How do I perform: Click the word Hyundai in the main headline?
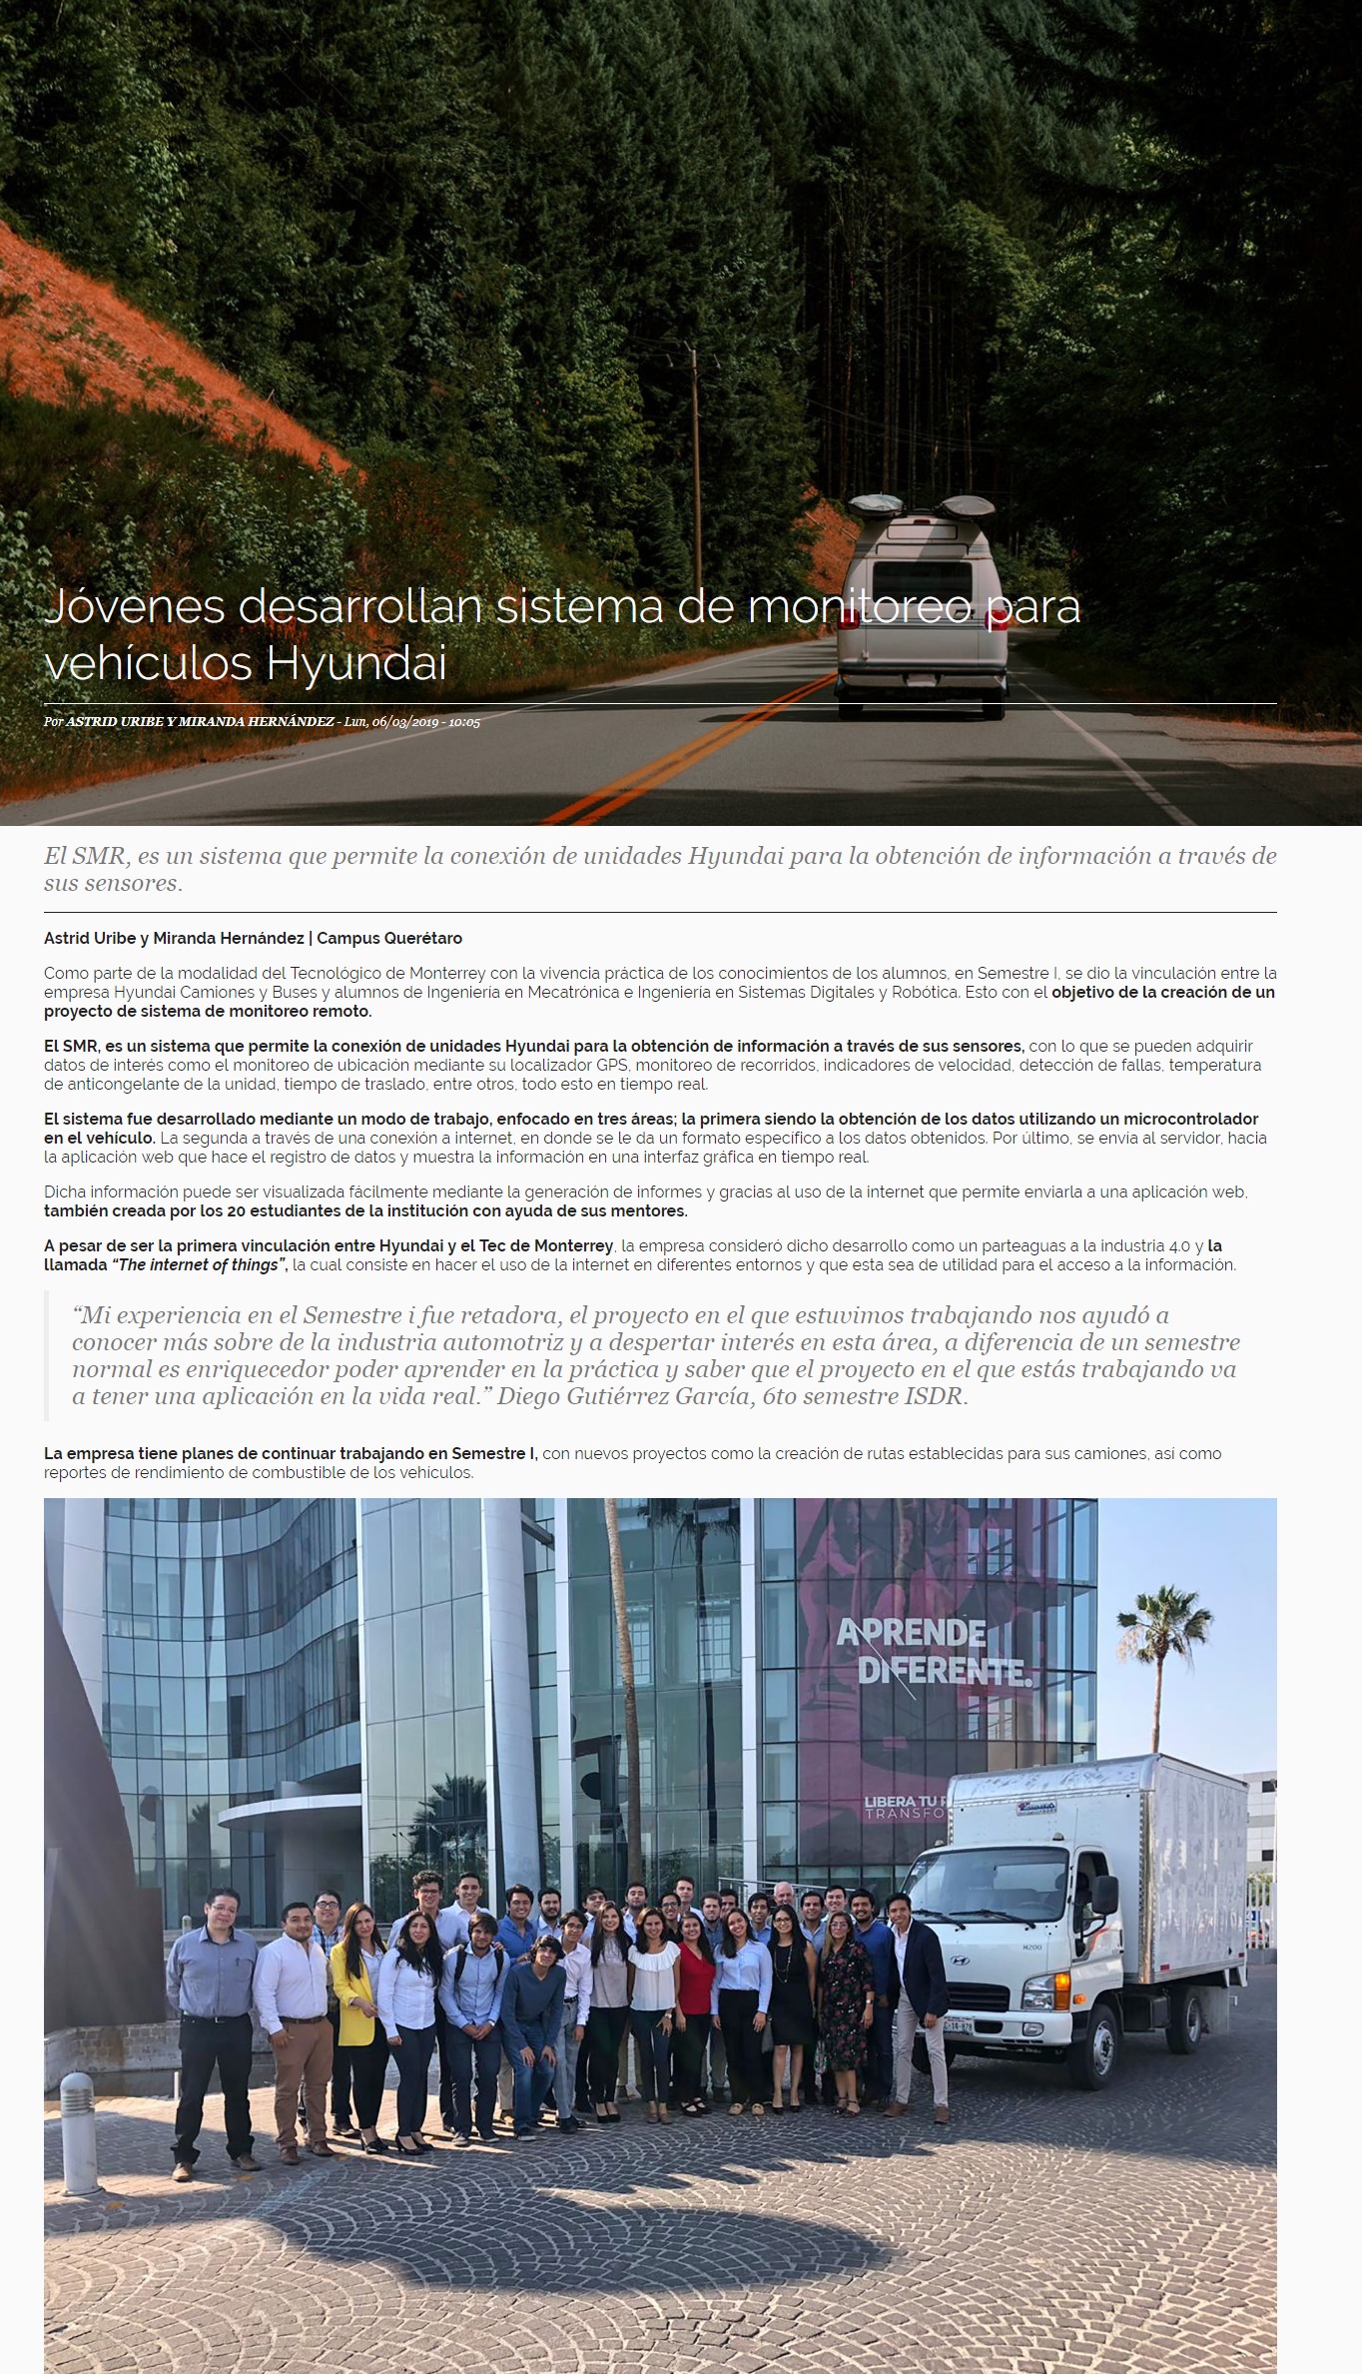tap(356, 663)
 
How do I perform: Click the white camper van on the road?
tap(922, 609)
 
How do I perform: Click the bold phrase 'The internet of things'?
tap(198, 1265)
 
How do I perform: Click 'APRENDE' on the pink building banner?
tap(911, 1633)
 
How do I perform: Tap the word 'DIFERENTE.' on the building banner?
tap(942, 1672)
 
